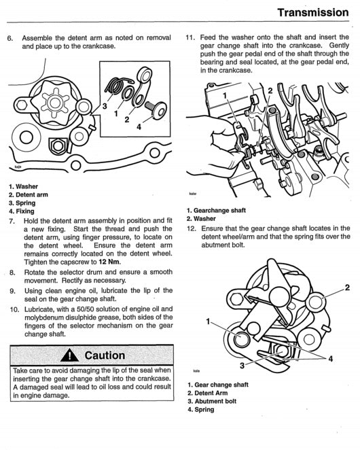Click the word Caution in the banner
pos(105,355)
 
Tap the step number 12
pos(190,228)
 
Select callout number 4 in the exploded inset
pos(139,126)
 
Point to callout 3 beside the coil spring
pos(105,107)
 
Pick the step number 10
pos(13,308)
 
